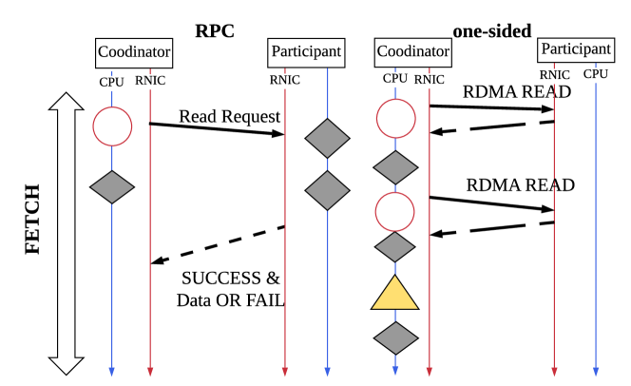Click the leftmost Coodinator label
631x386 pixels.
click(x=134, y=52)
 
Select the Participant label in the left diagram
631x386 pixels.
click(x=306, y=51)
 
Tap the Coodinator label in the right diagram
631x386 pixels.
click(x=412, y=51)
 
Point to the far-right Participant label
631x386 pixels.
click(x=576, y=49)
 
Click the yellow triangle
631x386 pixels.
click(x=394, y=296)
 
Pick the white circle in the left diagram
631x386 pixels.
click(x=112, y=126)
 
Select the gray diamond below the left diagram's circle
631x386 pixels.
click(x=112, y=187)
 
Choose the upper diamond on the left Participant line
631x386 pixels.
click(x=327, y=139)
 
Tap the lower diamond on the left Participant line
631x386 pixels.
click(x=327, y=190)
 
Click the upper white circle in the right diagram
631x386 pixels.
click(x=395, y=119)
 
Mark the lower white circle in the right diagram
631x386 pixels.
click(x=395, y=212)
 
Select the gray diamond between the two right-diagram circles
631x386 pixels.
click(x=395, y=168)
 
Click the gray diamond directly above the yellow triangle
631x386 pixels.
click(x=395, y=247)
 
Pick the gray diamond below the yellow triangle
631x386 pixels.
click(x=395, y=338)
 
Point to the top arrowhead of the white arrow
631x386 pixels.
click(x=67, y=103)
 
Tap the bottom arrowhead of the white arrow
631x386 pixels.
click(x=67, y=364)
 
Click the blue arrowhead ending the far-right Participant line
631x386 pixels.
click(x=596, y=371)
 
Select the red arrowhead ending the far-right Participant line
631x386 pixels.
click(x=554, y=371)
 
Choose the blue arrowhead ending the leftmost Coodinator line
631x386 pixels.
click(x=112, y=371)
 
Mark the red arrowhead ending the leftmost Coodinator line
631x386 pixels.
click(x=150, y=371)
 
